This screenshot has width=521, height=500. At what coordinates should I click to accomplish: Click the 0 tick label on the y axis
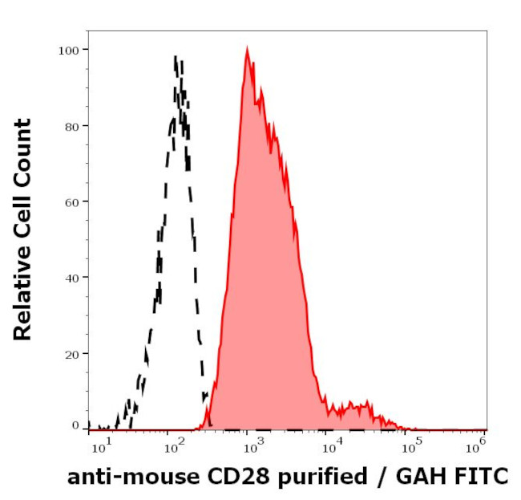[75, 425]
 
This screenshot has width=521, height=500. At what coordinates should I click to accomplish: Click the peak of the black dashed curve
[176, 58]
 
